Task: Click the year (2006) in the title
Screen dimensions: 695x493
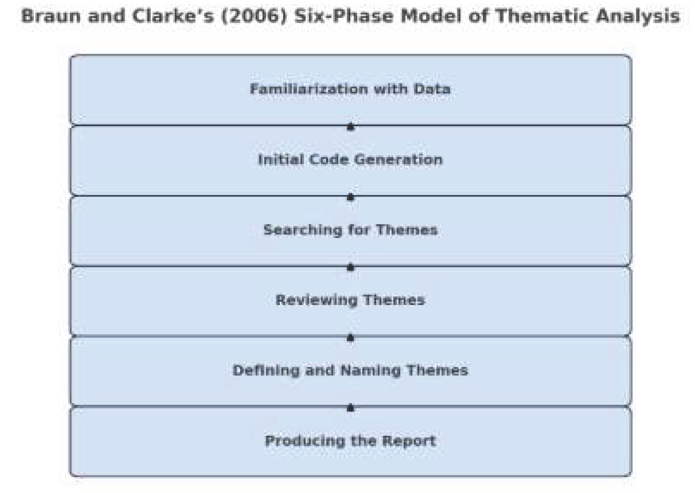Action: (x=254, y=16)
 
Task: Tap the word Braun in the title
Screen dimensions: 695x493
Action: (x=51, y=16)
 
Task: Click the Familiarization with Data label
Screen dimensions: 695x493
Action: (x=350, y=89)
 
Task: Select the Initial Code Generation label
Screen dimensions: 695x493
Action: (x=350, y=160)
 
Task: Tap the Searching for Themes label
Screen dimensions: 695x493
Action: (x=350, y=230)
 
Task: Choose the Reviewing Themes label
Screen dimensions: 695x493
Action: (x=350, y=300)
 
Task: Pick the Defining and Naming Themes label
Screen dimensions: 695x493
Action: (x=350, y=370)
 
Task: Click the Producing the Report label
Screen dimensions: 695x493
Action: (x=350, y=441)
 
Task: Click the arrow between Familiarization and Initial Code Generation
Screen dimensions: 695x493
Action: (x=350, y=126)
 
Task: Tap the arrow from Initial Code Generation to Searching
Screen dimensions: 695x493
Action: (x=350, y=197)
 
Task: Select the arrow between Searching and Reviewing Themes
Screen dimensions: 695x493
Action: (x=350, y=267)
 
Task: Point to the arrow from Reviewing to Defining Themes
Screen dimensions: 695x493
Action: (x=350, y=338)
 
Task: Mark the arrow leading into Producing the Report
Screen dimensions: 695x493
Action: (x=350, y=408)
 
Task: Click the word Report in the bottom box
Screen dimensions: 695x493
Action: (x=409, y=441)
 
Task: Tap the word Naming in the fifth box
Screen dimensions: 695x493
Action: (x=370, y=370)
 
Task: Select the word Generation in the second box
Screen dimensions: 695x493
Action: (x=398, y=160)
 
